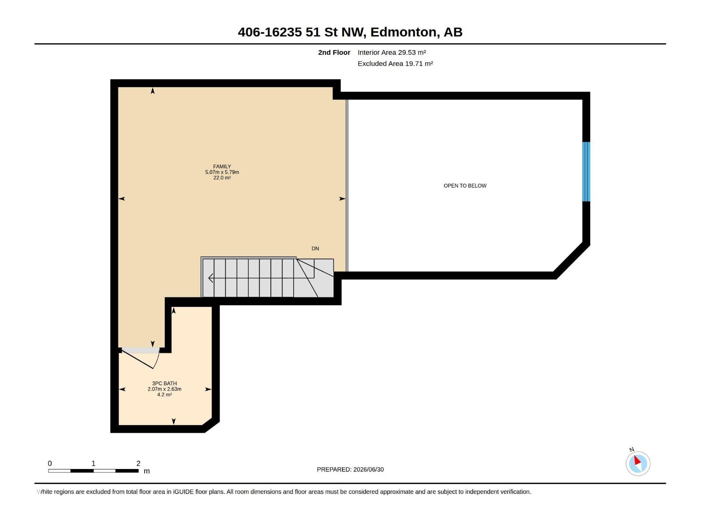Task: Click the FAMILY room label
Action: [222, 167]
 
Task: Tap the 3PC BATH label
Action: [164, 383]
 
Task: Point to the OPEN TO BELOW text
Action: [465, 185]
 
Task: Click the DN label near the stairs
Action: [315, 249]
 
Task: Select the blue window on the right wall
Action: [586, 171]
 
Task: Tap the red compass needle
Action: [637, 460]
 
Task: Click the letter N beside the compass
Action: [631, 450]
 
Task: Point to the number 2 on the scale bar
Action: [138, 463]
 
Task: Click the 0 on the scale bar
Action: [50, 463]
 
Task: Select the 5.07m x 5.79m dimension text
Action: [222, 172]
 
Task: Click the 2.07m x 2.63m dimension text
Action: [164, 389]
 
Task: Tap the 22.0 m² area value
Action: [222, 178]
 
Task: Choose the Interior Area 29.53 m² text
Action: [392, 52]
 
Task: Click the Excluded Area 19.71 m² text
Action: [395, 64]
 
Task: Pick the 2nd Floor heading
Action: [334, 52]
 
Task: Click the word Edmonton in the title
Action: [403, 32]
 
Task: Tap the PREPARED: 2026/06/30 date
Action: [350, 469]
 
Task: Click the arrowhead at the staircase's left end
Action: [211, 278]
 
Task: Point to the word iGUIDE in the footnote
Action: [183, 492]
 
